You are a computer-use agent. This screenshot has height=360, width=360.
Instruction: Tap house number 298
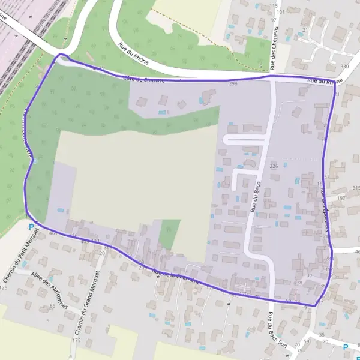click(x=233, y=84)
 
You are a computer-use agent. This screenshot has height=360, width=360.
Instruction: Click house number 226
click(x=274, y=166)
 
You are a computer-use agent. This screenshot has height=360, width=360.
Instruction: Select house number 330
click(x=344, y=66)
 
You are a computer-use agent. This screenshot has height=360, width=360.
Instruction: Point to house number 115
click(x=274, y=5)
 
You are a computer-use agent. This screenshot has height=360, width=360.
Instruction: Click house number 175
click(x=76, y=340)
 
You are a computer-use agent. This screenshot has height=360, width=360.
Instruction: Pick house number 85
click(x=52, y=307)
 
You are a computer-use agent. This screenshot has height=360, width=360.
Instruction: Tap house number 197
click(x=342, y=197)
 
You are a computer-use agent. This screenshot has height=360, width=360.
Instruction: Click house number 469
click(x=53, y=233)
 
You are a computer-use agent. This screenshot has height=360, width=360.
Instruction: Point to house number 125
click(x=4, y=287)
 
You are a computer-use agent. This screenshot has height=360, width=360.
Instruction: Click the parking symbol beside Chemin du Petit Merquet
click(x=32, y=227)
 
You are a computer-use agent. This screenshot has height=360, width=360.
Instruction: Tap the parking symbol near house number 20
click(x=346, y=347)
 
